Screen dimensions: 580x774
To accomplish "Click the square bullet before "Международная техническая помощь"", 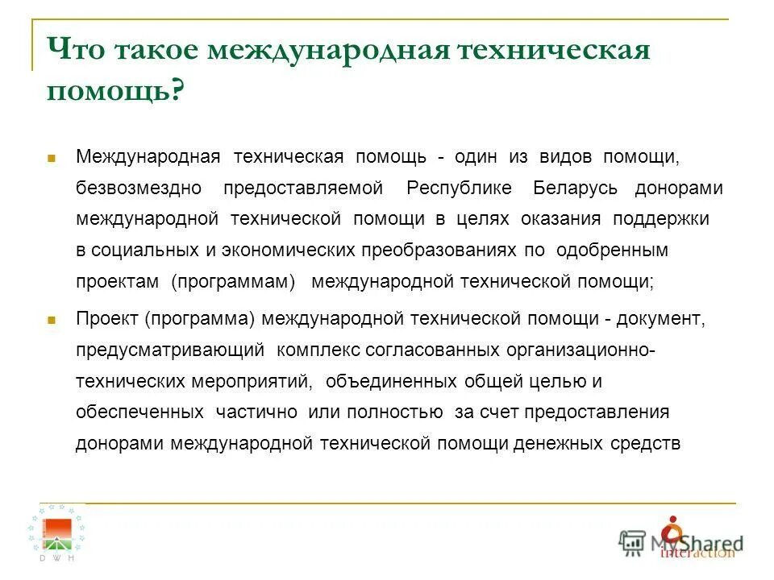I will click(x=51, y=159).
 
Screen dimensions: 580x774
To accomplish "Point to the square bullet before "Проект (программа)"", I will click(x=51, y=321).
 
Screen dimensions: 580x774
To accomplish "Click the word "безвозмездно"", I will click(x=139, y=188).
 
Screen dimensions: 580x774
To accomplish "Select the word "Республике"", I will click(x=459, y=188).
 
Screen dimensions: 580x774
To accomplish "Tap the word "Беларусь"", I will click(x=576, y=188).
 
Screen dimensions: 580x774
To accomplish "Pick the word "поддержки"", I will click(x=661, y=219).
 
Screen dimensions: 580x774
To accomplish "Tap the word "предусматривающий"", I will click(x=170, y=350).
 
